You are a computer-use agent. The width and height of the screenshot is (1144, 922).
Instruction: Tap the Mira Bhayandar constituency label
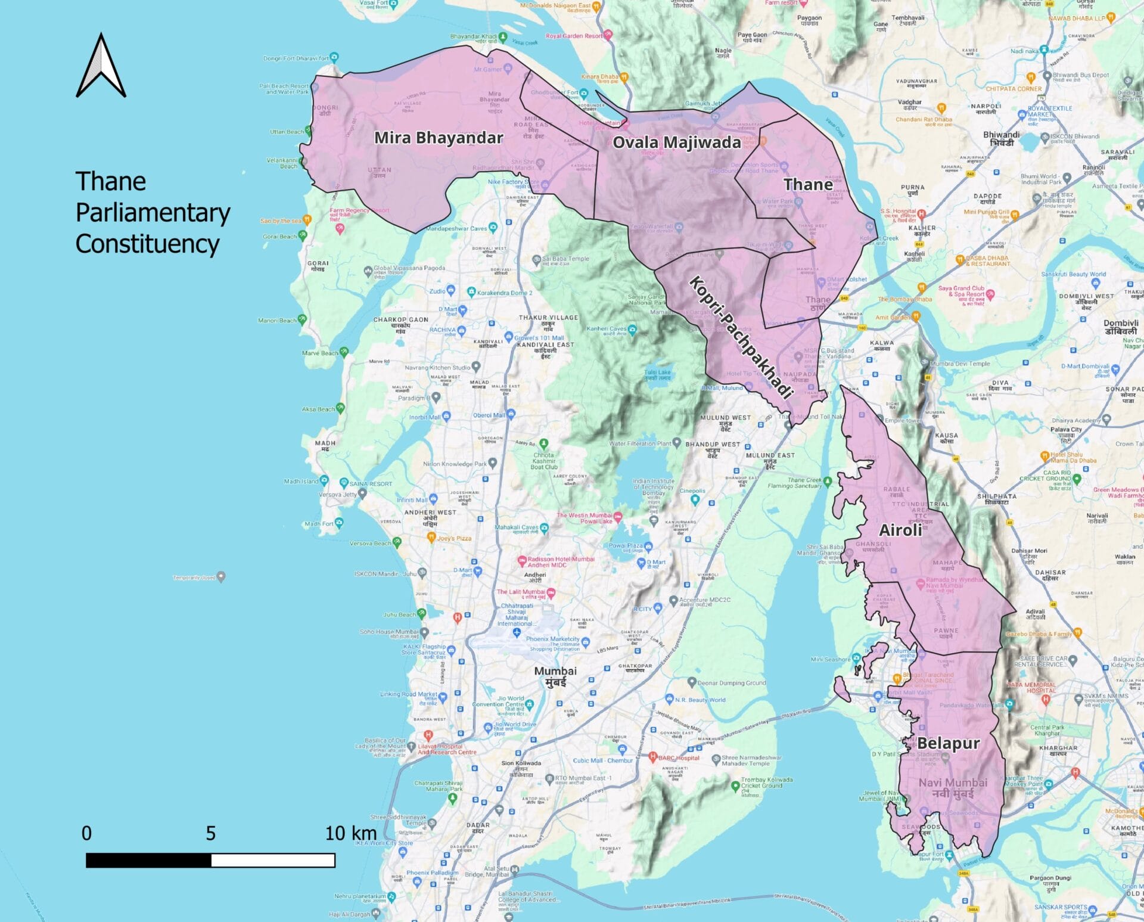pyautogui.click(x=439, y=138)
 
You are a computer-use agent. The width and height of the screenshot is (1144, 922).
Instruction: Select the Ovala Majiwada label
pyautogui.click(x=676, y=142)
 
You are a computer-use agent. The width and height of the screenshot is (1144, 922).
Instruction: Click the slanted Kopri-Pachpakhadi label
pyautogui.click(x=741, y=337)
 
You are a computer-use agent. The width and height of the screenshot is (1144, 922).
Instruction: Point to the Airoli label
pyautogui.click(x=900, y=530)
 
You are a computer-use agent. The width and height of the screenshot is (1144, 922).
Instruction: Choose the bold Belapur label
pyautogui.click(x=948, y=743)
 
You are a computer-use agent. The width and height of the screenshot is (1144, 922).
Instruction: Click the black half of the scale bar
pyautogui.click(x=148, y=860)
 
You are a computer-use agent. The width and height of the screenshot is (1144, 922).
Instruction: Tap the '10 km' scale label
pyautogui.click(x=351, y=833)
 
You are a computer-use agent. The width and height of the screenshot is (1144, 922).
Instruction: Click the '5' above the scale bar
pyautogui.click(x=210, y=833)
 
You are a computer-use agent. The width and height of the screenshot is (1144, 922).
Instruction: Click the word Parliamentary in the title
pyautogui.click(x=153, y=213)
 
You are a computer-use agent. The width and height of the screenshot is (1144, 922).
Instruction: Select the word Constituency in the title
pyautogui.click(x=147, y=244)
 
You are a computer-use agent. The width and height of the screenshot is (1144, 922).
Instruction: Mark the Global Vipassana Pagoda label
pyautogui.click(x=409, y=269)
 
